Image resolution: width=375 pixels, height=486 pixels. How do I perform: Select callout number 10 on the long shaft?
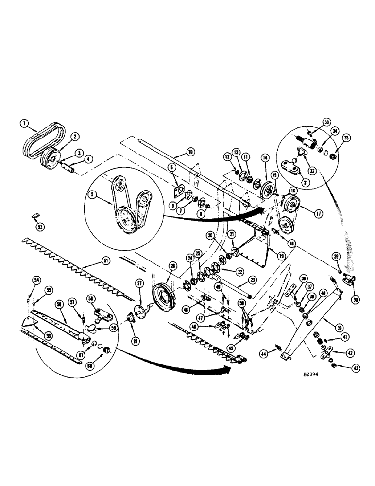point(189,152)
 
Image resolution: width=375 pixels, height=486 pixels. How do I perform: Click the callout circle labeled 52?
point(40,226)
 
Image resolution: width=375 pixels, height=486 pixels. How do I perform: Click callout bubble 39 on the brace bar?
point(333,321)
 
